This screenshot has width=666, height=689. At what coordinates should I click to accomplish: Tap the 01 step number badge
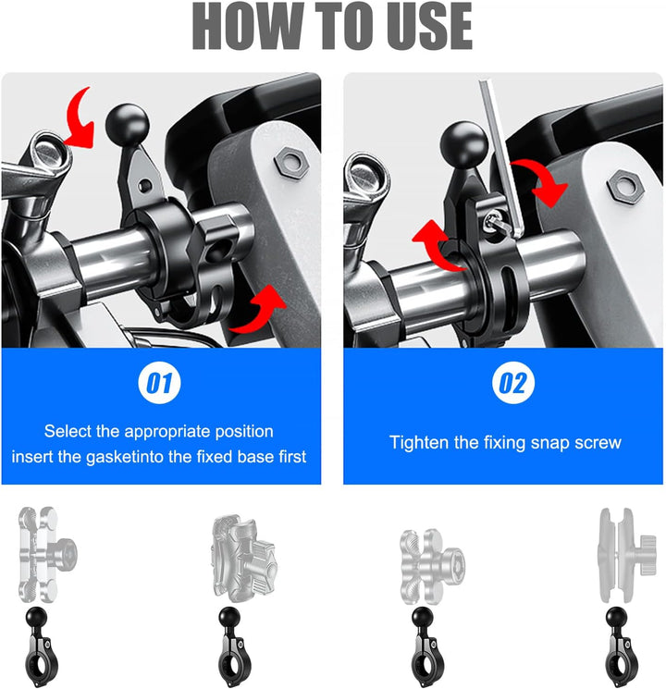161,383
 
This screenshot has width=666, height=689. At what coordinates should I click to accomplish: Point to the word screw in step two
598,442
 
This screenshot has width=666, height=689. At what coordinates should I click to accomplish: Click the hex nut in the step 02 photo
625,187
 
